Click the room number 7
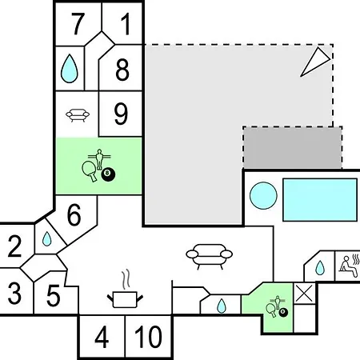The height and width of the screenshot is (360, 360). tap(78, 24)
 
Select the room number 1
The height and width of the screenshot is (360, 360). tap(126, 24)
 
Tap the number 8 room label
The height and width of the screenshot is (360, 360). tap(122, 70)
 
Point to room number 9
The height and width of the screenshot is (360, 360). tap(121, 114)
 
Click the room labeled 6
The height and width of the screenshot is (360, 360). tap(74, 215)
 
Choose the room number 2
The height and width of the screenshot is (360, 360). tap(14, 246)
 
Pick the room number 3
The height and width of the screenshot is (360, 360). tap(14, 294)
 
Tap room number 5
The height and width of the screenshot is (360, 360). tap(54, 295)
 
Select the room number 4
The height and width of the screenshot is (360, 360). tap(102, 337)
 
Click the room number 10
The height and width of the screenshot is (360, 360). tap(148, 337)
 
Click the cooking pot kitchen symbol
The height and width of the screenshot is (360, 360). tap(126, 293)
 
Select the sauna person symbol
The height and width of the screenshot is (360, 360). tap(350, 266)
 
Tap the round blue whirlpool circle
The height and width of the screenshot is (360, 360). tap(263, 195)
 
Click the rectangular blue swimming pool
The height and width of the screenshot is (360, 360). tap(320, 200)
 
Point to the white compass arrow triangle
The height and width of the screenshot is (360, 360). tap(315, 62)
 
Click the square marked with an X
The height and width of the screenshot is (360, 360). tap(305, 294)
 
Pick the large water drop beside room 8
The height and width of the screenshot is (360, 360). tap(70, 69)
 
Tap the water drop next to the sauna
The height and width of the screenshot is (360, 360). tap(320, 268)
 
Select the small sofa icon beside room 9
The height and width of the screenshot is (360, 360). tap(78, 115)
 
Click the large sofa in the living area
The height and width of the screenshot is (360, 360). tap(210, 255)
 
